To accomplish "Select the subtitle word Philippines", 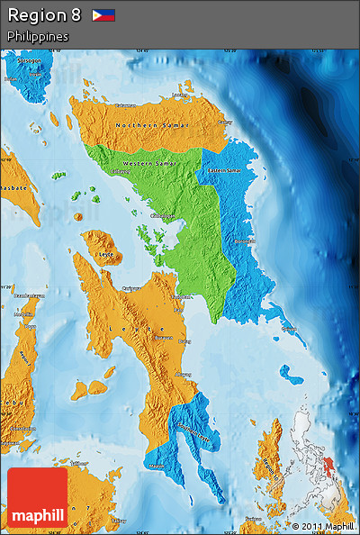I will (x=38, y=36).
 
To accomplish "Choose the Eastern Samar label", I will (x=223, y=170).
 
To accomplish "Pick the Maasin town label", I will (x=157, y=466).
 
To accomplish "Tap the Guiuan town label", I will (x=289, y=330).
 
